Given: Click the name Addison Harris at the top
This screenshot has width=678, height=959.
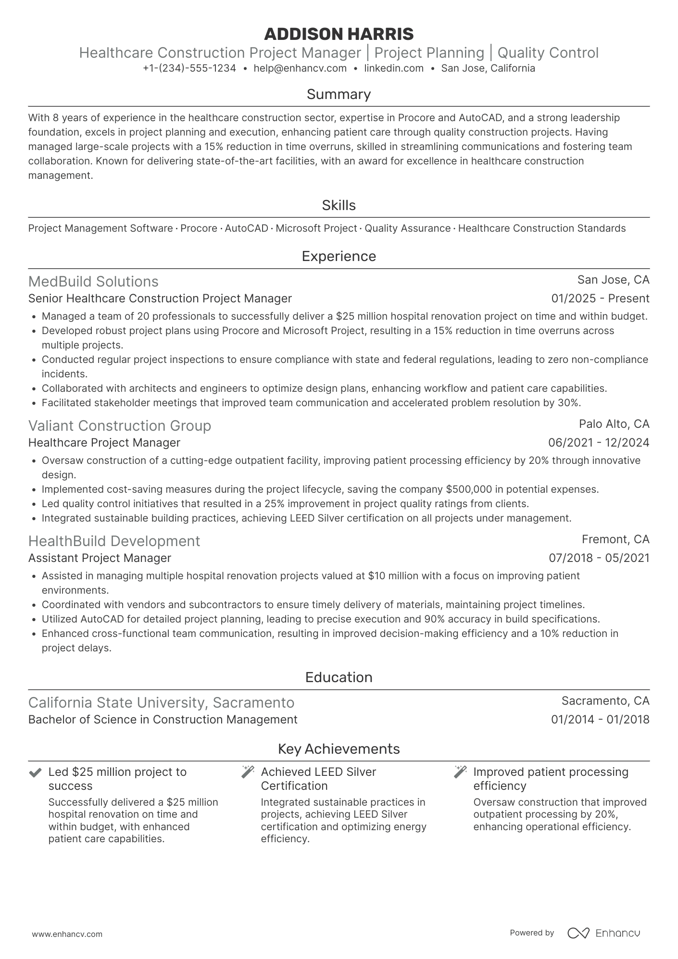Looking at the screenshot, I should pos(339,34).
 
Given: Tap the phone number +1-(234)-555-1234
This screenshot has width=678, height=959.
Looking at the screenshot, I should pos(189,68).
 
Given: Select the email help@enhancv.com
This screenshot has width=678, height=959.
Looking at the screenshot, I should pos(300,68).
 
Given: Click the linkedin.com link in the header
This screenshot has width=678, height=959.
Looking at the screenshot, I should pos(393,68).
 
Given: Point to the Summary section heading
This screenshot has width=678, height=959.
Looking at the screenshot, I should pos(339,94).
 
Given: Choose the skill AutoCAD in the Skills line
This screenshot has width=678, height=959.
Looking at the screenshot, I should pos(246,228).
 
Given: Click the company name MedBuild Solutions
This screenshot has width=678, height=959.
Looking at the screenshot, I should pos(93,282).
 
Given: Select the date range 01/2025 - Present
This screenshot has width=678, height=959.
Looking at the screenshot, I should pos(600,299).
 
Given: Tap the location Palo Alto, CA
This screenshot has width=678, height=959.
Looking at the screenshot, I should pos(614,424).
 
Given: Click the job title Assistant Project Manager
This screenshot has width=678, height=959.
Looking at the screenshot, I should pos(100,558).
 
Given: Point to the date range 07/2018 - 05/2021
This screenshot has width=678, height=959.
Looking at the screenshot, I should pos(599,558).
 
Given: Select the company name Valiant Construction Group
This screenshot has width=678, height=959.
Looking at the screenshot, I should pos(120,426).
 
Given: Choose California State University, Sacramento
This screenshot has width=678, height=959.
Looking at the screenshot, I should pos(161,703).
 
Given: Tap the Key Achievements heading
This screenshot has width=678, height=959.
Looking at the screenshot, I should pos(339,749).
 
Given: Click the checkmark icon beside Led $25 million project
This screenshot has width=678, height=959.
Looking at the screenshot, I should pos(35,772).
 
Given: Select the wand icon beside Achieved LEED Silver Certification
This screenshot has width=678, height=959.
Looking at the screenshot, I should pos(248,772).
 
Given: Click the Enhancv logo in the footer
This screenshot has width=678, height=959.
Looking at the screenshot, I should pos(603,933).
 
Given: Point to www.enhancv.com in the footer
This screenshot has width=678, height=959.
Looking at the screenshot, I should pos(67,934).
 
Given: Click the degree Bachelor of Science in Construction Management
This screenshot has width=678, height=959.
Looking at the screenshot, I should pos(163,720).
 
